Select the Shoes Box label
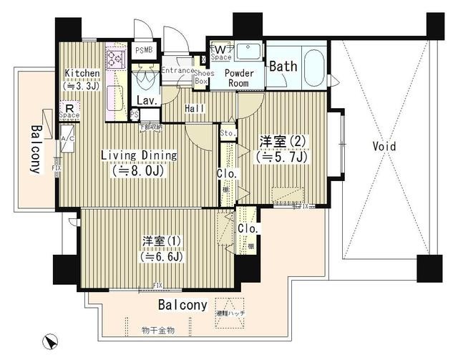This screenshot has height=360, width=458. pyautogui.click(x=201, y=77)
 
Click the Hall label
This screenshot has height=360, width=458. pyautogui.click(x=194, y=108)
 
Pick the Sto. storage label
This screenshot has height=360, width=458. pyautogui.click(x=228, y=133)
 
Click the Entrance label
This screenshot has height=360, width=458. pyautogui.click(x=177, y=70)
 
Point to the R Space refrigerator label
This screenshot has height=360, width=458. pyautogui.click(x=69, y=110)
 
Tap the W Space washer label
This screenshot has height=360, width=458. pyautogui.click(x=220, y=52)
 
